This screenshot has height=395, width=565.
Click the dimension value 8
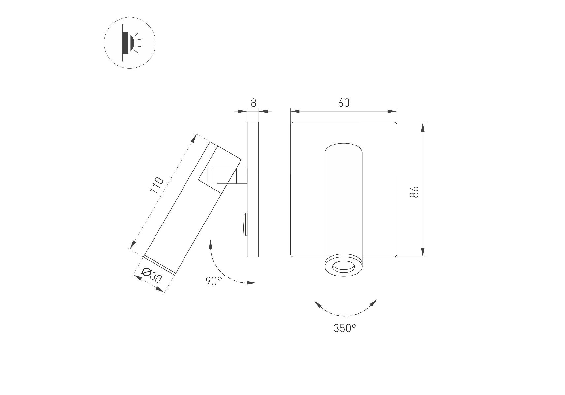253,103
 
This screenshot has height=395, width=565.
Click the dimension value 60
344,103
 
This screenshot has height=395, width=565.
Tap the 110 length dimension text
156,185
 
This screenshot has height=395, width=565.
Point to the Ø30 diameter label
152,275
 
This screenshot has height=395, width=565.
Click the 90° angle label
214,281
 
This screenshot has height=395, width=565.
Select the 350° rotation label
345,328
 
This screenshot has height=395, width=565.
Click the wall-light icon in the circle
130,43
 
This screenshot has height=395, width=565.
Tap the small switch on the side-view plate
245,224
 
